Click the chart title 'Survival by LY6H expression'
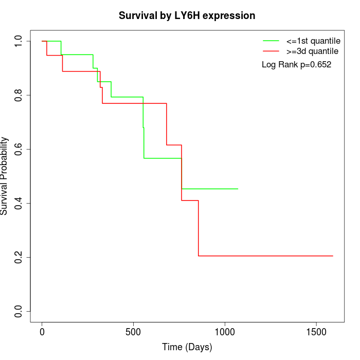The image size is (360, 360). [187, 16]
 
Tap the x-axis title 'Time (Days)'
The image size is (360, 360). [187, 347]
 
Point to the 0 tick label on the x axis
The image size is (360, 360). [42, 332]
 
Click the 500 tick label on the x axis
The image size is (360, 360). [133, 332]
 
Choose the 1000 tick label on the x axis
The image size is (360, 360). [225, 332]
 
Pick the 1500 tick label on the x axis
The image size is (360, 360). [316, 332]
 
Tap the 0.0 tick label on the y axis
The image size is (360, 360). [19, 311]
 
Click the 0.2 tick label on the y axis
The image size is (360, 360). [19, 257]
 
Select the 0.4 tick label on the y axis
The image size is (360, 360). [19, 203]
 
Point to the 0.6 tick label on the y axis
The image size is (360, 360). [19, 149]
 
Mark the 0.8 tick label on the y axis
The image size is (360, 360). [19, 95]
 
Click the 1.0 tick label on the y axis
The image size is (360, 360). [19, 41]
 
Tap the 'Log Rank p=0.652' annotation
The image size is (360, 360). [296, 65]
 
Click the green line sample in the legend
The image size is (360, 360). [271, 41]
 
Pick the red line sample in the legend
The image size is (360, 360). [271, 51]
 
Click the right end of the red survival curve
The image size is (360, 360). [333, 256]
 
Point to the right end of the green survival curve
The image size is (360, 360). [238, 189]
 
